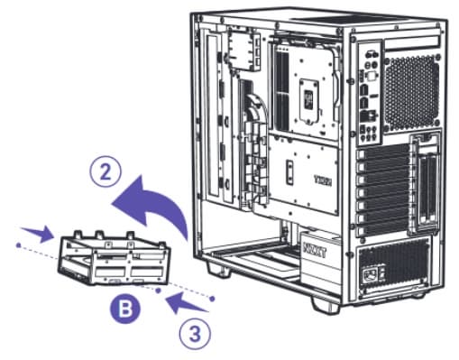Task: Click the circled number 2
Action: tap(106, 173)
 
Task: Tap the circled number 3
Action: tap(195, 334)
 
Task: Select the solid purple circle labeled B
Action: tap(125, 308)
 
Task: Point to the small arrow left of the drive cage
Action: tap(38, 234)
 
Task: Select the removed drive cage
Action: tap(115, 258)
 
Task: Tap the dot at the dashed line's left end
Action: tap(18, 245)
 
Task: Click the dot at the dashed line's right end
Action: tap(212, 299)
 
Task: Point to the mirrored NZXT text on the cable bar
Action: tap(323, 180)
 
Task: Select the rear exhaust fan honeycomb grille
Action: tap(410, 92)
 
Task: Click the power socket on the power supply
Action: tap(370, 273)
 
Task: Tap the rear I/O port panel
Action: tap(370, 92)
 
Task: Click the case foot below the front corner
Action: tap(218, 268)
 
